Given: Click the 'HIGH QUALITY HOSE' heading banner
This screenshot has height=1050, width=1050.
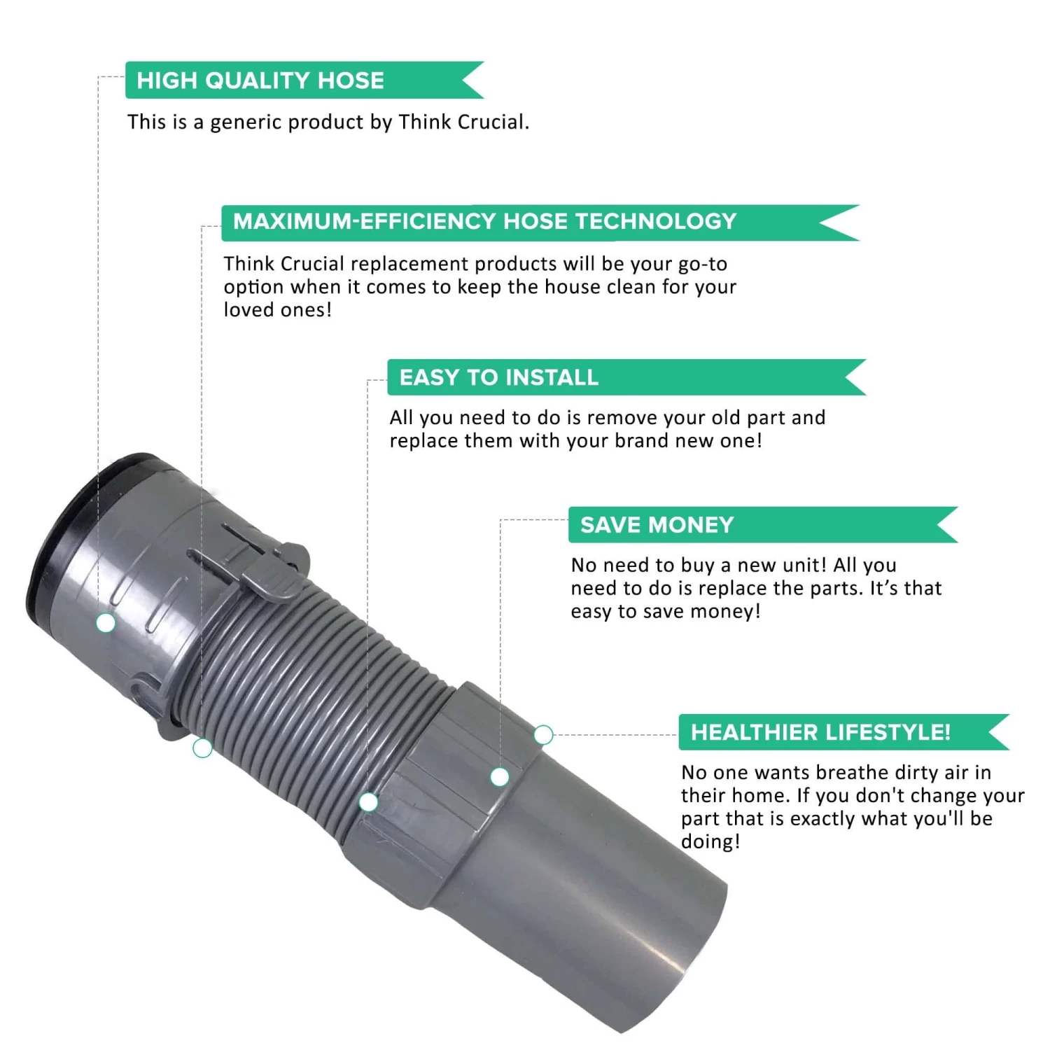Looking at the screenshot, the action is pos(304,80).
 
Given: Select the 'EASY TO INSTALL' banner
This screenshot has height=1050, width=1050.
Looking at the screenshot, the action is pos(626,377).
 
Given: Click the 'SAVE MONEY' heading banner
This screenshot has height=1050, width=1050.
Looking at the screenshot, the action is pos(763,525).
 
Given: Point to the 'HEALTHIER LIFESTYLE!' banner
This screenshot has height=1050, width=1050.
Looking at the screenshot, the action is pos(843,732).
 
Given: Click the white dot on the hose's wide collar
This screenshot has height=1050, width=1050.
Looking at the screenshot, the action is pos(106,622).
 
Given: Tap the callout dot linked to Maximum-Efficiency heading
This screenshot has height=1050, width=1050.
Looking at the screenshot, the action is pos(202,748).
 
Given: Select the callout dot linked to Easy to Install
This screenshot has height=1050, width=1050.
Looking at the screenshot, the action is pos(368,802).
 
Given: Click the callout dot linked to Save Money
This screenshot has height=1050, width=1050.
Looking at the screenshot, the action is pos(500,777).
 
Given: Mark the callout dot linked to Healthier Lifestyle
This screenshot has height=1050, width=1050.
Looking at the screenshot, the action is pos(543,735).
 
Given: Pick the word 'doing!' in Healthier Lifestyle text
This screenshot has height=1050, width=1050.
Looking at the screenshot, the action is pos(710,842).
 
